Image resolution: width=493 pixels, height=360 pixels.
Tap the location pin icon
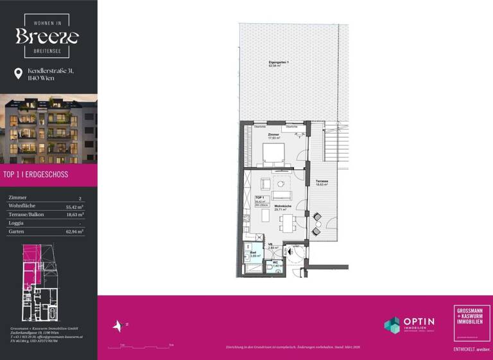pos(18,74)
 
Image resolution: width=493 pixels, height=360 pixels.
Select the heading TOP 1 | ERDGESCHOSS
pos(36,174)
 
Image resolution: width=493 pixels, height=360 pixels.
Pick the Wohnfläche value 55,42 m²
pos(75,207)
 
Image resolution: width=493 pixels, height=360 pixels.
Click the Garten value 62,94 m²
pos(75,231)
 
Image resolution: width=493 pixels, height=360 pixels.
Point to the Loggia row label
pos(17,222)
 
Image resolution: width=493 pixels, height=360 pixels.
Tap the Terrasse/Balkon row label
pos(26,215)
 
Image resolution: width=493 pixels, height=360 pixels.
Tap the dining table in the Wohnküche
pos(286,222)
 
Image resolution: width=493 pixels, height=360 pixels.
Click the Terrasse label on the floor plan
pos(322,183)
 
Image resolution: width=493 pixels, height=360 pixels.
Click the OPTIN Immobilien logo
pos(409,325)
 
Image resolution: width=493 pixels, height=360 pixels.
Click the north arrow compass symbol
pos(117,327)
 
